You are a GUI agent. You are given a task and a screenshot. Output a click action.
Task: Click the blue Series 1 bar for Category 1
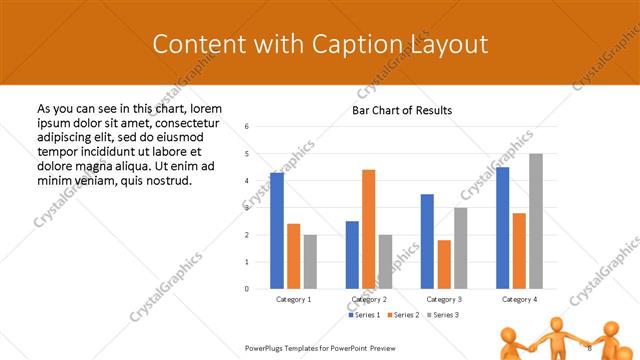click(277, 231)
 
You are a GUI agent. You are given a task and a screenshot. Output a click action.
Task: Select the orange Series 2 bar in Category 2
click(368, 229)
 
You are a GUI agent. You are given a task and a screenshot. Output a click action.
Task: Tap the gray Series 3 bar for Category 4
click(536, 221)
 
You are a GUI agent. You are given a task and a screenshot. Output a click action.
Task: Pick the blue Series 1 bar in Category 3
click(427, 241)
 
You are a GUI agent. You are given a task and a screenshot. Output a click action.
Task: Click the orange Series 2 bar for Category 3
click(443, 264)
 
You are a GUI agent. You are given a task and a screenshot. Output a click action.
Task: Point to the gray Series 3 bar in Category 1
click(310, 262)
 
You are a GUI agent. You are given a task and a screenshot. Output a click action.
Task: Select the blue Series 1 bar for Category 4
click(502, 228)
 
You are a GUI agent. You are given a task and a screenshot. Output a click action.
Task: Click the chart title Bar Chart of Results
click(402, 110)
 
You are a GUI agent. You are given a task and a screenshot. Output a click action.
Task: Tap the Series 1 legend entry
click(365, 315)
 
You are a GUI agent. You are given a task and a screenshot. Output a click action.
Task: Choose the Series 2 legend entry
click(403, 315)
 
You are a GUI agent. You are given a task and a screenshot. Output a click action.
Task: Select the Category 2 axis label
click(369, 299)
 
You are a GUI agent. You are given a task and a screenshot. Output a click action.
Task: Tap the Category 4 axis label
click(519, 299)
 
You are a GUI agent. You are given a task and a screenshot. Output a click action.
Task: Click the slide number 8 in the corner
click(590, 347)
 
